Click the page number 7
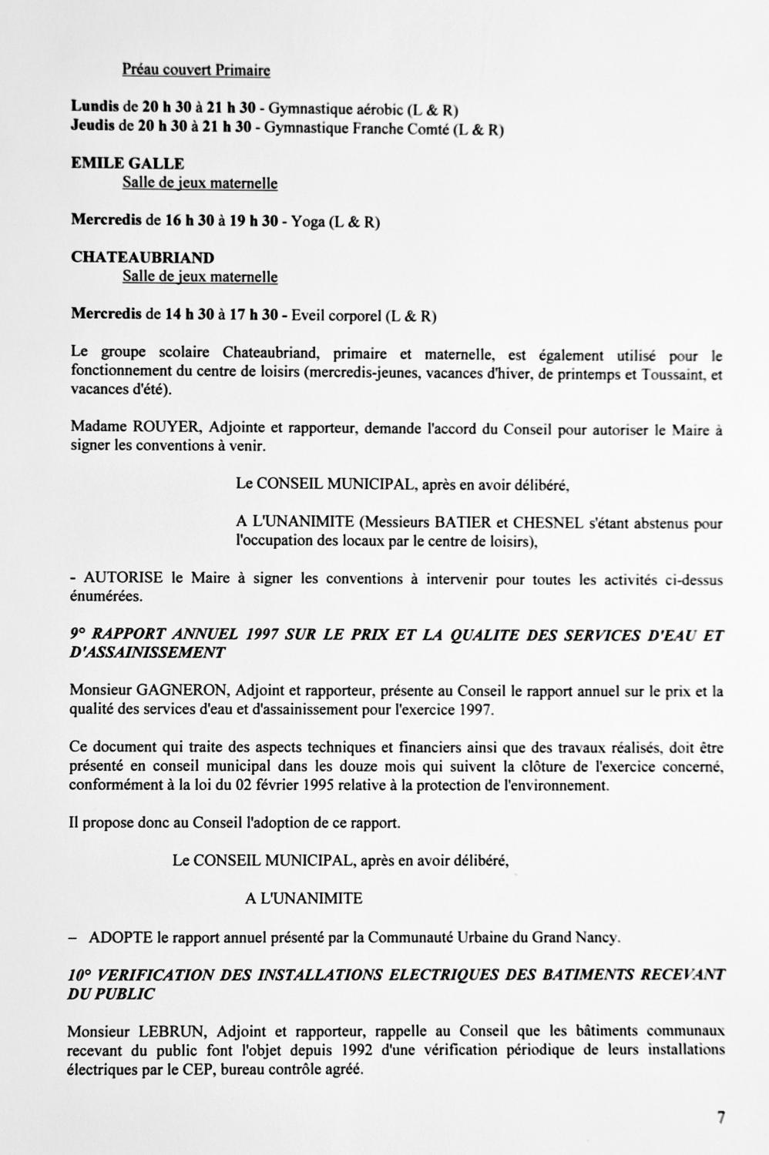[x=721, y=1117]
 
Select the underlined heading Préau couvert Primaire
[x=196, y=71]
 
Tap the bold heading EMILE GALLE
[x=127, y=163]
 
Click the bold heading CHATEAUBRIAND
[x=143, y=257]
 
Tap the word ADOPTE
[x=121, y=938]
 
